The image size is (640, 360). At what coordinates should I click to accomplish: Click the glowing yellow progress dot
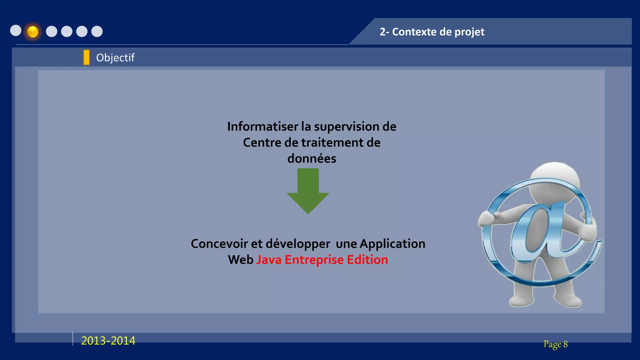[x=32, y=32]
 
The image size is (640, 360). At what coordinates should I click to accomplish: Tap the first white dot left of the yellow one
[x=16, y=31]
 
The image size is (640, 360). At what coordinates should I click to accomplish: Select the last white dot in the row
[x=97, y=31]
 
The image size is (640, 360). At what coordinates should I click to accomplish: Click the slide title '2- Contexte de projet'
[x=432, y=32]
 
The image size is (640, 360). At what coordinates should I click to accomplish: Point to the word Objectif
[x=115, y=58]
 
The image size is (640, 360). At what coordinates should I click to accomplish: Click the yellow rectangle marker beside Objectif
[x=87, y=57]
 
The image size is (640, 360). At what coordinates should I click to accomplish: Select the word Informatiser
[x=262, y=127]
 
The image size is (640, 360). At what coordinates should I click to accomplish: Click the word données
[x=312, y=159]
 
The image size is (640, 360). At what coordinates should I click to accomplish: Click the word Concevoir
[x=219, y=244]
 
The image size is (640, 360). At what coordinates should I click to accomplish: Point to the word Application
[x=392, y=244]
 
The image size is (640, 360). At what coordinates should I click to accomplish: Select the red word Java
[x=269, y=260]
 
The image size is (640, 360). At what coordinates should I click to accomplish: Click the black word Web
[x=240, y=260]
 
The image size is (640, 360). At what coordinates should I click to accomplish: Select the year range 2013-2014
[x=108, y=341]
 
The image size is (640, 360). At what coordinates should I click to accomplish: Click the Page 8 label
[x=555, y=344]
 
